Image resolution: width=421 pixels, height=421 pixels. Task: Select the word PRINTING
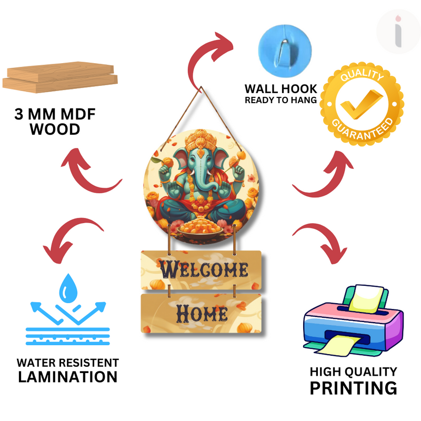point(353,388)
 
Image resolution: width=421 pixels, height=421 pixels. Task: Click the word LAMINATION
point(67,377)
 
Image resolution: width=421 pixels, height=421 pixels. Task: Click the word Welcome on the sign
point(204,269)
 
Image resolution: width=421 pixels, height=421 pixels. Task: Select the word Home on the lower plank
point(202,313)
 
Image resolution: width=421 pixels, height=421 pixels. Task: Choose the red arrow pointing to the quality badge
point(321,174)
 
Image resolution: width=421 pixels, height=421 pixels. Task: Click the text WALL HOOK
point(280,88)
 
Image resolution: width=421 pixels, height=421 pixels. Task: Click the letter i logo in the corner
point(398,31)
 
